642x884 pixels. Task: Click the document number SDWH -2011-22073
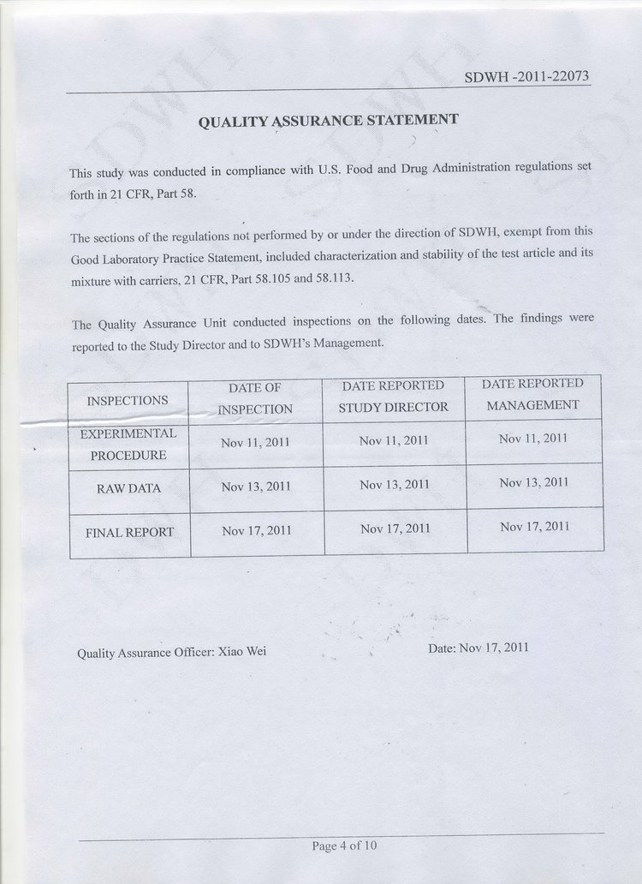(526, 77)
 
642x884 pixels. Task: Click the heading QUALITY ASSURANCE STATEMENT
(329, 121)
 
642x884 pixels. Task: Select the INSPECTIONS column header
(128, 400)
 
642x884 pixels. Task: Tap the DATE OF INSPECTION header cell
(255, 398)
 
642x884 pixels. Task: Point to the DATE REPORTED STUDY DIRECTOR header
(393, 397)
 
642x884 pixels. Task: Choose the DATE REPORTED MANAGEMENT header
(532, 394)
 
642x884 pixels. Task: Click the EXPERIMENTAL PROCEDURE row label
(128, 445)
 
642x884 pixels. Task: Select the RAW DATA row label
(129, 488)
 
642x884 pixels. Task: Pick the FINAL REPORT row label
(129, 532)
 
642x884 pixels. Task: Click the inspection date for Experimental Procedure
(255, 442)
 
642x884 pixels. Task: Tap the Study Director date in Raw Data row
(395, 484)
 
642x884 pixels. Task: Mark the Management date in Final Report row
(534, 526)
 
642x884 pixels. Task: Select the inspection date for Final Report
(257, 530)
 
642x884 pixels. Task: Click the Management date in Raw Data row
(534, 482)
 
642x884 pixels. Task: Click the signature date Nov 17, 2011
(494, 648)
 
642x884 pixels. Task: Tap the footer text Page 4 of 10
(344, 846)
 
